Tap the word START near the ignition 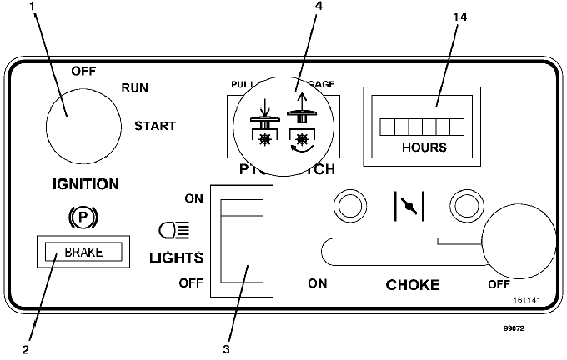(155, 126)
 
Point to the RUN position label (136, 87)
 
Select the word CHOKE (413, 284)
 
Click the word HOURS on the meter (424, 147)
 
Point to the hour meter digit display (421, 126)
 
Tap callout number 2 (27, 349)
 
